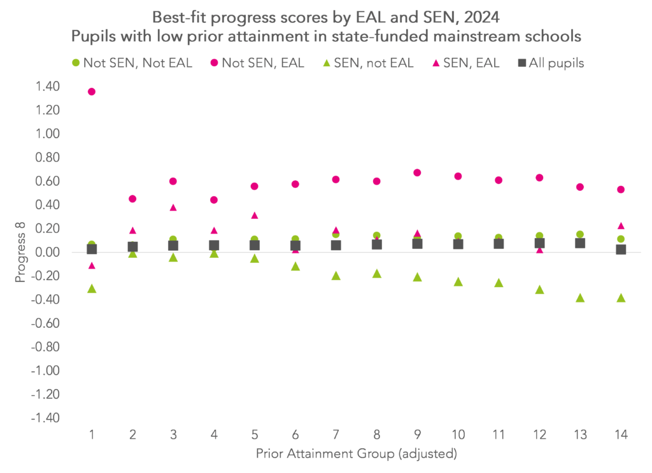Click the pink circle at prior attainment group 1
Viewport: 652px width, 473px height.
click(92, 92)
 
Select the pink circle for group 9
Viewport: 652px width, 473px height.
click(417, 173)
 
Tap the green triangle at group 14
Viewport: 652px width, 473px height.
click(621, 298)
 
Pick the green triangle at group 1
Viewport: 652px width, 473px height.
click(92, 289)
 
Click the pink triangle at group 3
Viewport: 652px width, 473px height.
click(173, 208)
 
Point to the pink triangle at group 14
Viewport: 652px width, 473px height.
click(621, 226)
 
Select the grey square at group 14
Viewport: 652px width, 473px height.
click(621, 250)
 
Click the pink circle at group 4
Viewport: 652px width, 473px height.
click(214, 200)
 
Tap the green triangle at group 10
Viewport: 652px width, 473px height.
click(458, 281)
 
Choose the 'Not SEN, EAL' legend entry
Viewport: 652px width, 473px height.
click(257, 62)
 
